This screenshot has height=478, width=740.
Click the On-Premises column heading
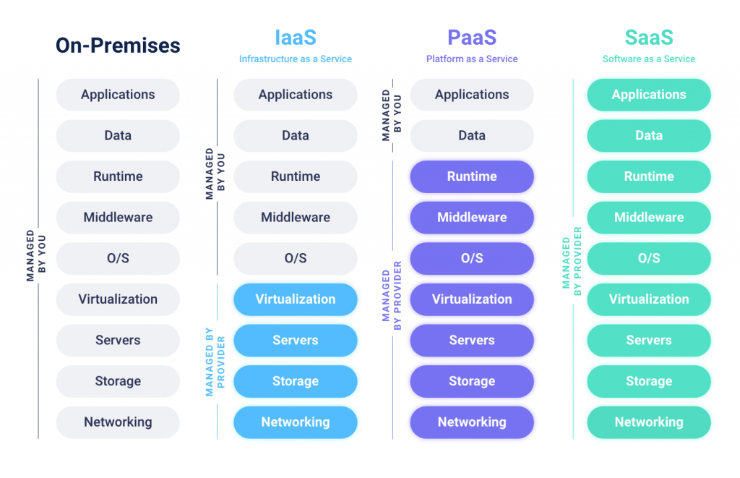click(x=118, y=46)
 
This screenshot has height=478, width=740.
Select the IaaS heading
click(x=295, y=38)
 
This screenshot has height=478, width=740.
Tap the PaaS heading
click(x=472, y=38)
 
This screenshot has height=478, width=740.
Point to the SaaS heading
click(x=649, y=38)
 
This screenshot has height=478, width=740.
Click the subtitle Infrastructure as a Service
click(x=295, y=59)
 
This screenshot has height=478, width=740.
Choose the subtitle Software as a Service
click(x=649, y=59)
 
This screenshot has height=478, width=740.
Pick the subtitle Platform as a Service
click(x=472, y=59)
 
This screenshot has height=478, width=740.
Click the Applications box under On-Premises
click(x=118, y=95)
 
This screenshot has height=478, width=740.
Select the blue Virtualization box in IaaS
click(x=295, y=299)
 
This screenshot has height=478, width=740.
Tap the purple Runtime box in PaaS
click(x=472, y=176)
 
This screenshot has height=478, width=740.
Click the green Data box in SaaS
click(x=649, y=135)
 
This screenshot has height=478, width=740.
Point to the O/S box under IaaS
click(x=295, y=258)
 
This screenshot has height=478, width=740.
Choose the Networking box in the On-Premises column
click(x=118, y=422)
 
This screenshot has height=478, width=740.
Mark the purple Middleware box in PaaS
click(x=472, y=217)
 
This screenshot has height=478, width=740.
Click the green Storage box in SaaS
click(x=649, y=381)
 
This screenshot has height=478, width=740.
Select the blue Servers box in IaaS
click(x=295, y=340)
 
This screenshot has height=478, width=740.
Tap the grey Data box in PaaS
click(x=472, y=135)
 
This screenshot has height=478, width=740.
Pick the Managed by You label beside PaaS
click(x=391, y=116)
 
